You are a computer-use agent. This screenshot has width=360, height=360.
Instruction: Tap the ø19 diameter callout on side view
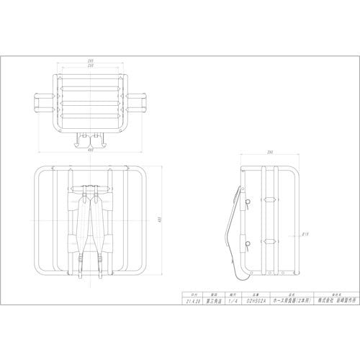[305, 233]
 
